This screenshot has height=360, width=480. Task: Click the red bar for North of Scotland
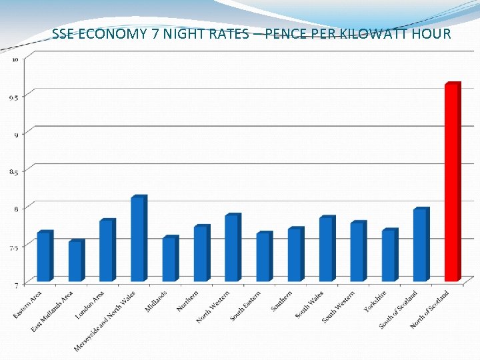pyautogui.click(x=452, y=183)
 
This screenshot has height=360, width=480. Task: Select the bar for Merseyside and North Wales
pyautogui.click(x=137, y=239)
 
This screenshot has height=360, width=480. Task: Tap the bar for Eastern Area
pyautogui.click(x=43, y=257)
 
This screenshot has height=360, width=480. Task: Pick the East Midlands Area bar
pyautogui.click(x=75, y=261)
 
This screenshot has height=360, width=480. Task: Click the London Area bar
pyautogui.click(x=106, y=251)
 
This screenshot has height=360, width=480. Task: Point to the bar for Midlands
pyautogui.click(x=169, y=259)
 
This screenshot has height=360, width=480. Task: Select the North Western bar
pyautogui.click(x=231, y=248)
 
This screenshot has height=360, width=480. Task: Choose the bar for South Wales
pyautogui.click(x=325, y=249)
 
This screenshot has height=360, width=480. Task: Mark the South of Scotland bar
pyautogui.click(x=420, y=245)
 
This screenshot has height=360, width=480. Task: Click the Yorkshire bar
pyautogui.click(x=389, y=255)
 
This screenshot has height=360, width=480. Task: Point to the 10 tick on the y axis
pyautogui.click(x=15, y=59)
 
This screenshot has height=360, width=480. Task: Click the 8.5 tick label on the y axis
pyautogui.click(x=13, y=171)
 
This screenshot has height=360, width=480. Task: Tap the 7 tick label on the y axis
pyautogui.click(x=15, y=285)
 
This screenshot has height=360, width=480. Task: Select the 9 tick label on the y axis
pyautogui.click(x=15, y=134)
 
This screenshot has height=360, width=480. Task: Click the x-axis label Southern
pyautogui.click(x=282, y=301)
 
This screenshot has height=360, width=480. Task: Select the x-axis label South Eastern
pyautogui.click(x=245, y=306)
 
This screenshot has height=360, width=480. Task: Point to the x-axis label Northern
pyautogui.click(x=187, y=301)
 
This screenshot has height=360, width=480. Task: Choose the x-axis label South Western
pyautogui.click(x=339, y=307)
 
